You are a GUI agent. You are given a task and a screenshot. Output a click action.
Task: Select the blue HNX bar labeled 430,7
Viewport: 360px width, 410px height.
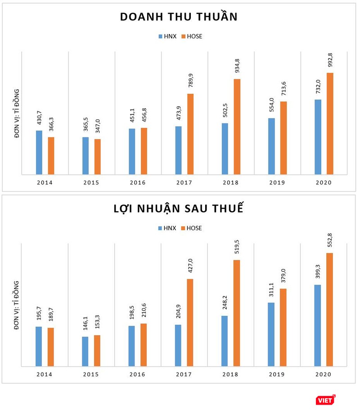point(39,152)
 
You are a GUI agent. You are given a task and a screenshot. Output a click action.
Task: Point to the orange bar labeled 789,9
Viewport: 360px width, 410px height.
point(190,134)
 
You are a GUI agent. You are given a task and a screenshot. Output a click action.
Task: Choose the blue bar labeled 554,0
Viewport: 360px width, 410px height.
point(271,146)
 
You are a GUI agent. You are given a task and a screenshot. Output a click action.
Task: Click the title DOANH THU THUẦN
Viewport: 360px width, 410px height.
point(179,17)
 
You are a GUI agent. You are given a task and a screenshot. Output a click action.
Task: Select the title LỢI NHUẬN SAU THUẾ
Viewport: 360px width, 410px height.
point(179,210)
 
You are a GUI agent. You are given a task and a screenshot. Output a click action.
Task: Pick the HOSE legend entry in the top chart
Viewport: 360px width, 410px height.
point(192,36)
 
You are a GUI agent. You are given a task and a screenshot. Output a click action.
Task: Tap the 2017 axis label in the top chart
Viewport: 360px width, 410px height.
point(184,182)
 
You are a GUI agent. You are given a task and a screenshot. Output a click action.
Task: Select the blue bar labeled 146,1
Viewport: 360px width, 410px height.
point(85,351)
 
